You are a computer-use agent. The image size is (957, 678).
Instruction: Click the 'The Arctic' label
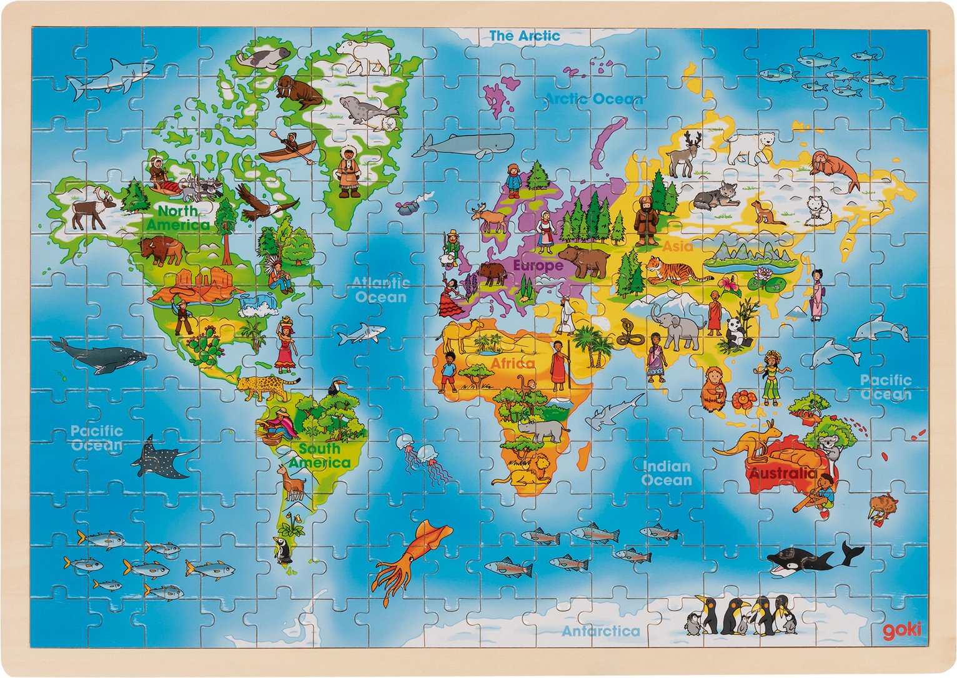[x=524, y=36]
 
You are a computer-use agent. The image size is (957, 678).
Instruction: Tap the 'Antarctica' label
[x=601, y=631]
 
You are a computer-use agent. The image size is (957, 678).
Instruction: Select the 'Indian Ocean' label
[x=667, y=473]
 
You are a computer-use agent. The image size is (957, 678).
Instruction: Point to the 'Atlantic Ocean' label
[x=380, y=290]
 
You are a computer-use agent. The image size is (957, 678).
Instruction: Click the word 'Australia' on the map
[x=783, y=473]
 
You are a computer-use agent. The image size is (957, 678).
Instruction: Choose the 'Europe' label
[x=538, y=265]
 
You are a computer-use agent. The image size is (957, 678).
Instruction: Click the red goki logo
[x=901, y=631]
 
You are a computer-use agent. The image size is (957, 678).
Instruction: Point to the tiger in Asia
[x=675, y=271]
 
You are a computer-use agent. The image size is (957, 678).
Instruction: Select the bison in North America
[x=161, y=250]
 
